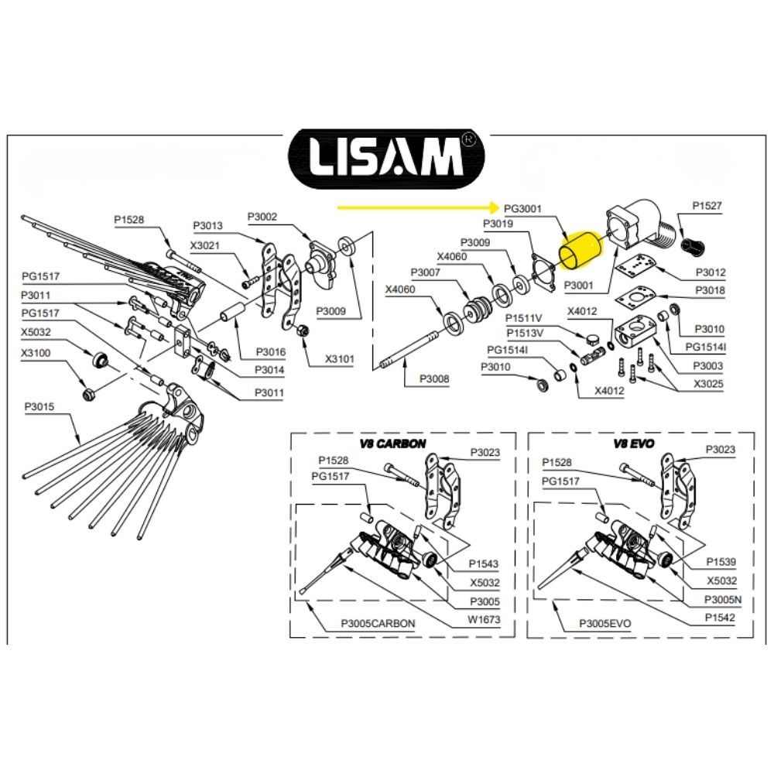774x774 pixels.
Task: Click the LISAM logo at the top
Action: point(386,159)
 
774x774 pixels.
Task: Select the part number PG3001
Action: point(522,209)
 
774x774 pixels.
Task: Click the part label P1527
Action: point(707,205)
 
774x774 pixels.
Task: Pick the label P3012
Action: point(711,272)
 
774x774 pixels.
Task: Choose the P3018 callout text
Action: point(710,290)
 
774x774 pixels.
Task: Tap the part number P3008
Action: point(434,378)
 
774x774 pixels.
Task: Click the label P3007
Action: point(426,272)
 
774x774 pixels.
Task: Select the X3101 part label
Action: point(340,358)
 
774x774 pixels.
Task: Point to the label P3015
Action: point(39,407)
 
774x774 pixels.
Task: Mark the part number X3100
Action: point(36,352)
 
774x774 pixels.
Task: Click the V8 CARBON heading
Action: point(392,444)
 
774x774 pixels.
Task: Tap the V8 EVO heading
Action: point(634,444)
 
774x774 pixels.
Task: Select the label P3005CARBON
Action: point(378,623)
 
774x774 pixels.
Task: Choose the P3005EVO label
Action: point(605,623)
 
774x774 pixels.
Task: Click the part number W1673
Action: point(485,619)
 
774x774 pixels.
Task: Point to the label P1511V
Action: point(524,318)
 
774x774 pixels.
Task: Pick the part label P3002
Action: point(262,217)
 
